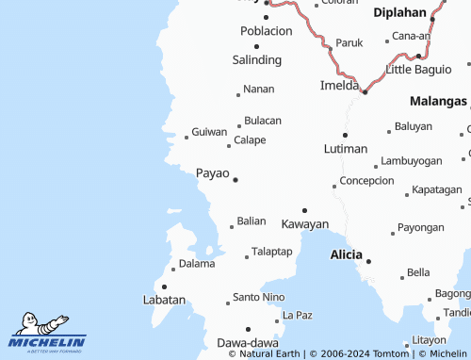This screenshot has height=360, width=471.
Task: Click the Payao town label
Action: pyautogui.click(x=212, y=172)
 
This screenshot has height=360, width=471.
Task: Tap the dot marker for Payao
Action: pyautogui.click(x=235, y=179)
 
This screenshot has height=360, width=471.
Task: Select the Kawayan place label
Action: pyautogui.click(x=305, y=224)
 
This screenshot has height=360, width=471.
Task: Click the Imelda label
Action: pyautogui.click(x=338, y=86)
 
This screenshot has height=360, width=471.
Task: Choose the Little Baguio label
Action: pyautogui.click(x=419, y=71)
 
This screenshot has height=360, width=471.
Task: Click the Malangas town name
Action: pyautogui.click(x=438, y=101)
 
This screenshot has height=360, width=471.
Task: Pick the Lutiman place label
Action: pyautogui.click(x=345, y=149)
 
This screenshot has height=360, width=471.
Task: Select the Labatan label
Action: pyautogui.click(x=163, y=300)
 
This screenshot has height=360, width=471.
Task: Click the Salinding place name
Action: pyautogui.click(x=256, y=59)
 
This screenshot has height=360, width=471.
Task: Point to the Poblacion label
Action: pyautogui.click(x=266, y=30)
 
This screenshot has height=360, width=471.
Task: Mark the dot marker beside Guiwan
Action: pyautogui.click(x=187, y=138)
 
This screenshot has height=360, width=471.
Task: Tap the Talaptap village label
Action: pyautogui.click(x=272, y=252)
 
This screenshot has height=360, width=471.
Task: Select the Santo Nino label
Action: pyautogui.click(x=258, y=297)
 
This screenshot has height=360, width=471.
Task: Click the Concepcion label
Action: pyautogui.click(x=366, y=180)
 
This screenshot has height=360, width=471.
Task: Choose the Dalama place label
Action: pyautogui.click(x=197, y=264)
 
